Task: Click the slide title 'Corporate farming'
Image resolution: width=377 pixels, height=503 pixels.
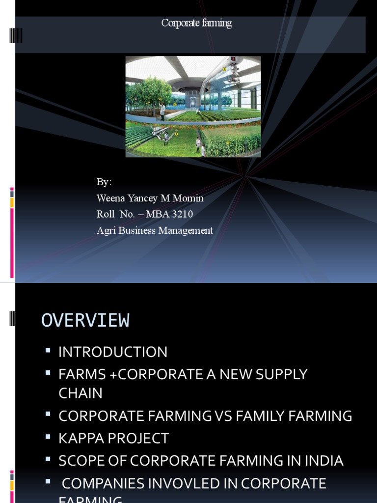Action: click(196, 23)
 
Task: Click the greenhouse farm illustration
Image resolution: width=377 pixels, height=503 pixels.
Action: click(193, 107)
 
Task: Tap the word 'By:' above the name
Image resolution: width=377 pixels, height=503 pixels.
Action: click(104, 182)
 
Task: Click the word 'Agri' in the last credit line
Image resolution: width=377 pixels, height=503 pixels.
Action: click(106, 230)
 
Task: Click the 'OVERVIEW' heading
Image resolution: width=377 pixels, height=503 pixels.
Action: click(85, 320)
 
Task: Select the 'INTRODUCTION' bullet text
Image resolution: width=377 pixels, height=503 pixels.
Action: click(113, 352)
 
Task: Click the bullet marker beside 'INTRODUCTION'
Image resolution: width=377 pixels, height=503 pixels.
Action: click(48, 351)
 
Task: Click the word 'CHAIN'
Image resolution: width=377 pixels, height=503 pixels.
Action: click(81, 393)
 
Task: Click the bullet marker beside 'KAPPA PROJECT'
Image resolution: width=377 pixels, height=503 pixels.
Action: click(48, 437)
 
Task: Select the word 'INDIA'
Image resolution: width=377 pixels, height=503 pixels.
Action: click(323, 461)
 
